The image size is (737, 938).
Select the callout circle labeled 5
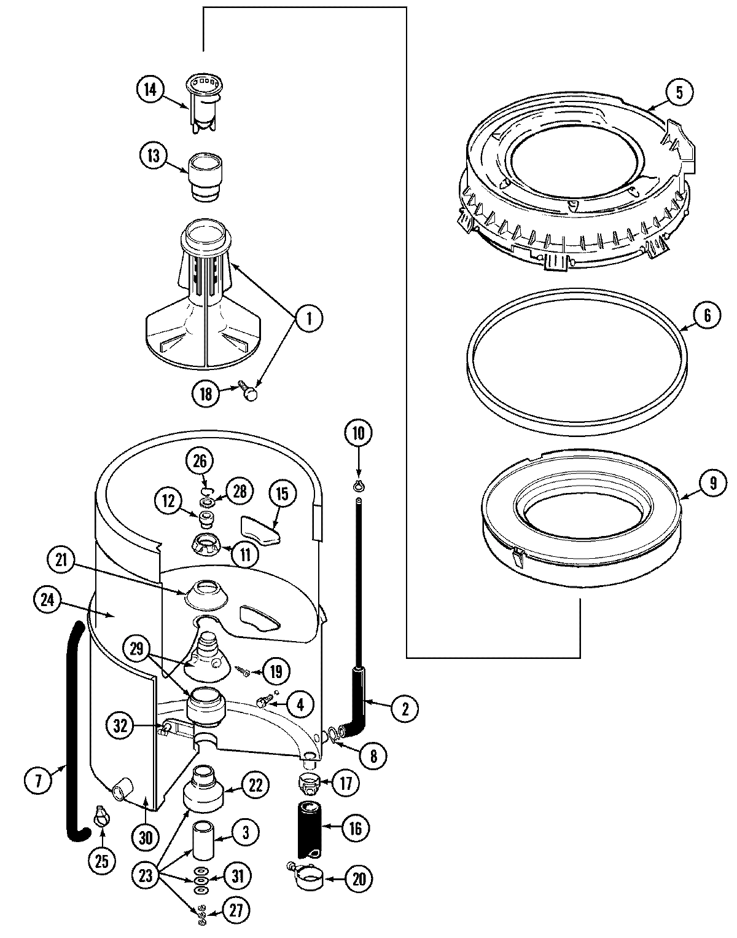point(678,92)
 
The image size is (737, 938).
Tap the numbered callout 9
point(712,483)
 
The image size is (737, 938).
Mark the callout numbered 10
point(358,433)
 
